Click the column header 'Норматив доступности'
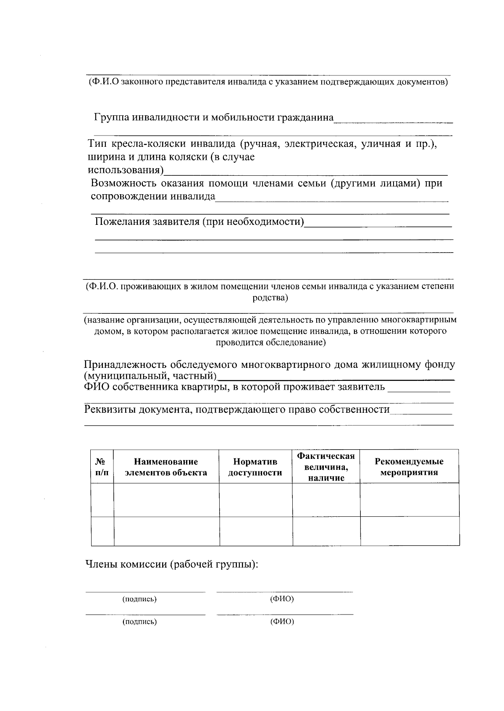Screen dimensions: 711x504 pyautogui.click(x=255, y=467)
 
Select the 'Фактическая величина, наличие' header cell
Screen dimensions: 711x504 pyautogui.click(x=326, y=467)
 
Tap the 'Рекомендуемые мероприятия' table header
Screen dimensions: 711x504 pyautogui.click(x=409, y=467)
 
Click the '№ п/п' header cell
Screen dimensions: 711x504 pyautogui.click(x=102, y=467)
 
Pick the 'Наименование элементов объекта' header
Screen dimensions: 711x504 pyautogui.click(x=166, y=467)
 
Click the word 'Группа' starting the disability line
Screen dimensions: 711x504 pyautogui.click(x=111, y=117)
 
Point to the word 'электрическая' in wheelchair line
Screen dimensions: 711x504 pyautogui.click(x=320, y=144)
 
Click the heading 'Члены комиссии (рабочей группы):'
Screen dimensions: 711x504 pyautogui.click(x=171, y=564)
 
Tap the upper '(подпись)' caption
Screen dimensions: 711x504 pyautogui.click(x=139, y=599)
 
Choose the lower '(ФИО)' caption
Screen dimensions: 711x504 pyautogui.click(x=282, y=622)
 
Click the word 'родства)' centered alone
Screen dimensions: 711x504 pyautogui.click(x=270, y=298)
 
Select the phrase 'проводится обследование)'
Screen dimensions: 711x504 pyautogui.click(x=270, y=342)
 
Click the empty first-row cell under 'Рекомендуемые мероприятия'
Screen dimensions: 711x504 pyautogui.click(x=409, y=500)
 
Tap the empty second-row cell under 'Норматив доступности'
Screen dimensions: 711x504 pyautogui.click(x=256, y=531)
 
